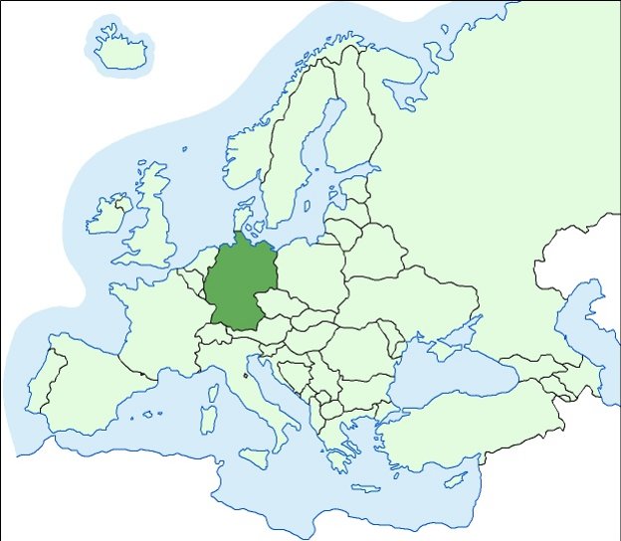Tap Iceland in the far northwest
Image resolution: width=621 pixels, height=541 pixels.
point(120,50)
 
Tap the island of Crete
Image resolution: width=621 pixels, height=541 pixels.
point(365,488)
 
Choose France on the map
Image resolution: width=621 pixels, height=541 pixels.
point(159,318)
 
